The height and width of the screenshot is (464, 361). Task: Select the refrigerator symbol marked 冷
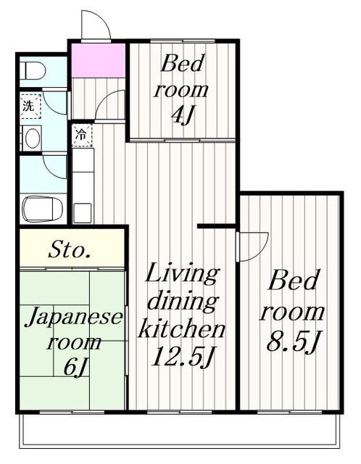[x=81, y=136]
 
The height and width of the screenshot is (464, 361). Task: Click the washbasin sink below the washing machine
[x=30, y=138]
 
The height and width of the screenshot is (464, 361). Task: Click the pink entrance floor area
[x=98, y=59]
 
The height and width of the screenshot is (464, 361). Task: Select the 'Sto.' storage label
[x=70, y=252]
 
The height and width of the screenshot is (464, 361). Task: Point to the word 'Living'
[x=181, y=275]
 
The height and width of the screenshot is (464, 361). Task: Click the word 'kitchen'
[x=181, y=329]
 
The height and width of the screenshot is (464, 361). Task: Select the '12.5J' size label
[x=181, y=357]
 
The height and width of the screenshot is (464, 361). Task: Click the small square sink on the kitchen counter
[x=82, y=212]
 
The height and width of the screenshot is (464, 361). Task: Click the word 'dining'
[x=181, y=302]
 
